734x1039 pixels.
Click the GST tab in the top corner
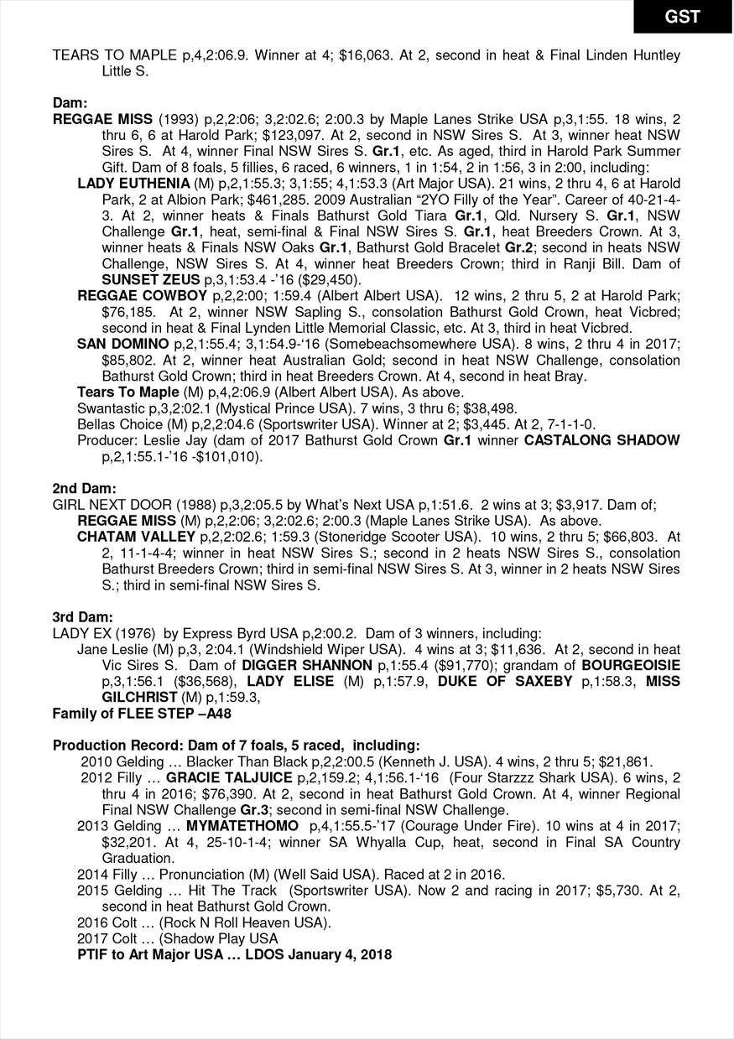click(x=682, y=17)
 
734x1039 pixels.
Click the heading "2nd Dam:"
click(x=85, y=488)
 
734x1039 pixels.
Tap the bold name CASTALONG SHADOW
click(x=602, y=440)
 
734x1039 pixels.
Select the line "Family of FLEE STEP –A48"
click(x=142, y=714)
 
